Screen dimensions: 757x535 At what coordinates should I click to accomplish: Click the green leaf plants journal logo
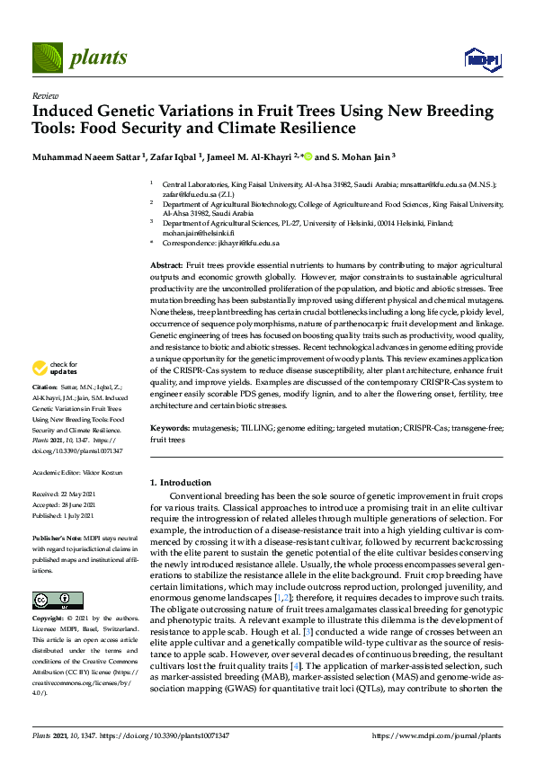coord(47,58)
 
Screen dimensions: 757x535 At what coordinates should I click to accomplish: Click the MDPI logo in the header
coord(481,59)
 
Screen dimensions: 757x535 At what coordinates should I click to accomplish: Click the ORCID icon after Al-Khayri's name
coord(308,156)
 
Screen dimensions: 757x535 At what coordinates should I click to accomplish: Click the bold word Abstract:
coord(165,267)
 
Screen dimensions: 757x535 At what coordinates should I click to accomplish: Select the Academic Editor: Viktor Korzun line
coord(76,472)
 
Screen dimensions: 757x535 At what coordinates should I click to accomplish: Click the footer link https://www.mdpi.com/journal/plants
coord(436,735)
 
